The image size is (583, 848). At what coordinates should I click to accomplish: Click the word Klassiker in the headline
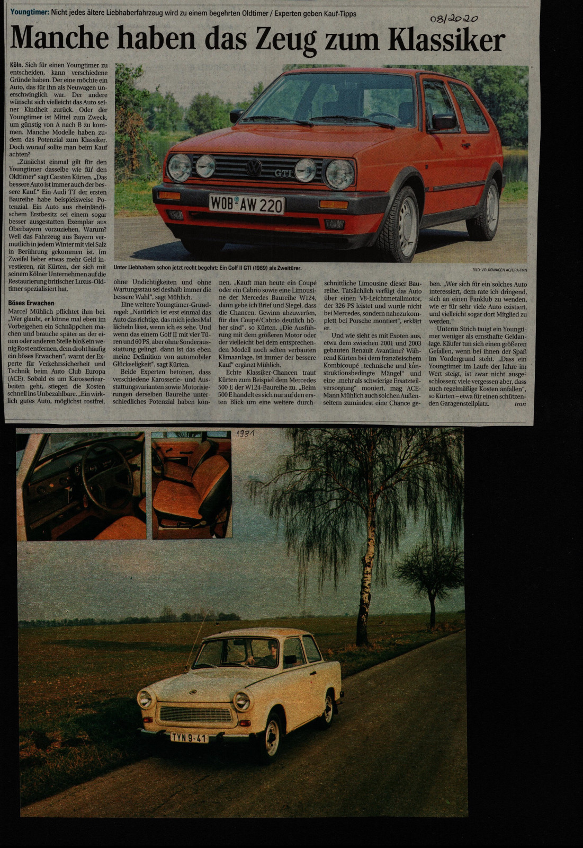coord(446,39)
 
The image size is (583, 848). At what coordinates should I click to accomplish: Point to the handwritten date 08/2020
coord(454,19)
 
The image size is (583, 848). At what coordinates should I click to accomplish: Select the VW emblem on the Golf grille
coord(254,168)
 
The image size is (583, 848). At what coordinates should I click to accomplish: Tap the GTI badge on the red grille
coord(284,173)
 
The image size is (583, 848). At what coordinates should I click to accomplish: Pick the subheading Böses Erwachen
coord(31,303)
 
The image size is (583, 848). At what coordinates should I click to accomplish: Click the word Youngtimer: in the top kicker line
coord(30,13)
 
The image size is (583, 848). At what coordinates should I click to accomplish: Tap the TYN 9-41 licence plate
coord(189,737)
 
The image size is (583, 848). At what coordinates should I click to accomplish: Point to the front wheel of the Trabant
coord(271,738)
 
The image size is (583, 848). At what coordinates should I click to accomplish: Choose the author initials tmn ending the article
coord(521,403)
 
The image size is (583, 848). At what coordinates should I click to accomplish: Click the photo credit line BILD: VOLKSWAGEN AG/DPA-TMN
coord(499,270)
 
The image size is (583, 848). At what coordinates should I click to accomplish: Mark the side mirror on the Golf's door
coord(443,122)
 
